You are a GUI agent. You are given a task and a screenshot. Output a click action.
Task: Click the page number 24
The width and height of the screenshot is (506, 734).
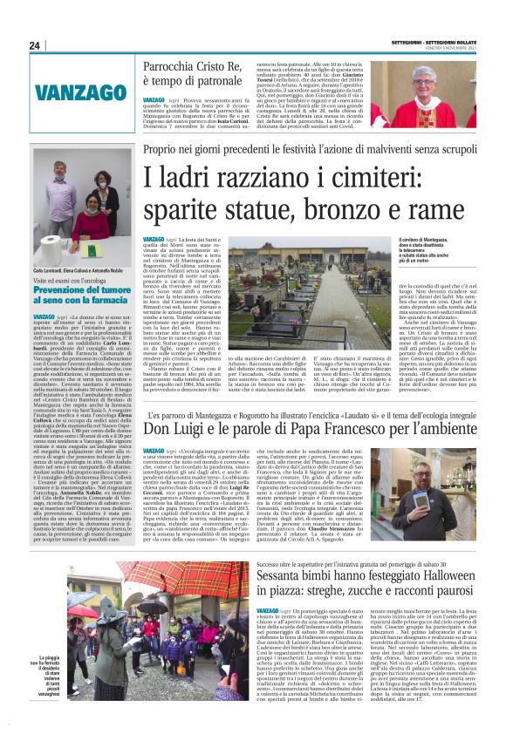click(36, 45)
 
